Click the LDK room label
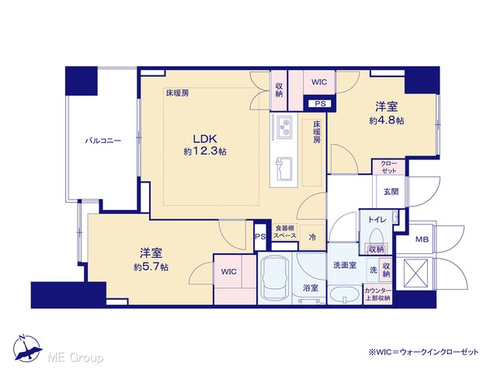pyautogui.click(x=205, y=139)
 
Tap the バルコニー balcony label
pyautogui.click(x=103, y=141)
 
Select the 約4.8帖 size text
pyautogui.click(x=387, y=121)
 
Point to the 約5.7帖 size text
pyautogui.click(x=151, y=267)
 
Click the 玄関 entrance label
pyautogui.click(x=391, y=192)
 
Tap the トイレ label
pyautogui.click(x=377, y=219)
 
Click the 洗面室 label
pyautogui.click(x=345, y=265)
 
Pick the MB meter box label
pyautogui.click(x=422, y=239)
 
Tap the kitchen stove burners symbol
pyautogui.click(x=284, y=127)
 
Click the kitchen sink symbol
pyautogui.click(x=284, y=169)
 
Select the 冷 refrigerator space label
pyautogui.click(x=312, y=237)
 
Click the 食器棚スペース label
pyautogui.click(x=285, y=232)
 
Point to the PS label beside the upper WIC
pyautogui.click(x=320, y=103)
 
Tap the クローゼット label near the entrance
pyautogui.click(x=388, y=167)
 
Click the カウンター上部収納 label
pyautogui.click(x=377, y=295)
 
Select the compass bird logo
pyautogui.click(x=27, y=349)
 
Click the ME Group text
pyautogui.click(x=75, y=357)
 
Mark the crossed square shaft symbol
pyautogui.click(x=415, y=274)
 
